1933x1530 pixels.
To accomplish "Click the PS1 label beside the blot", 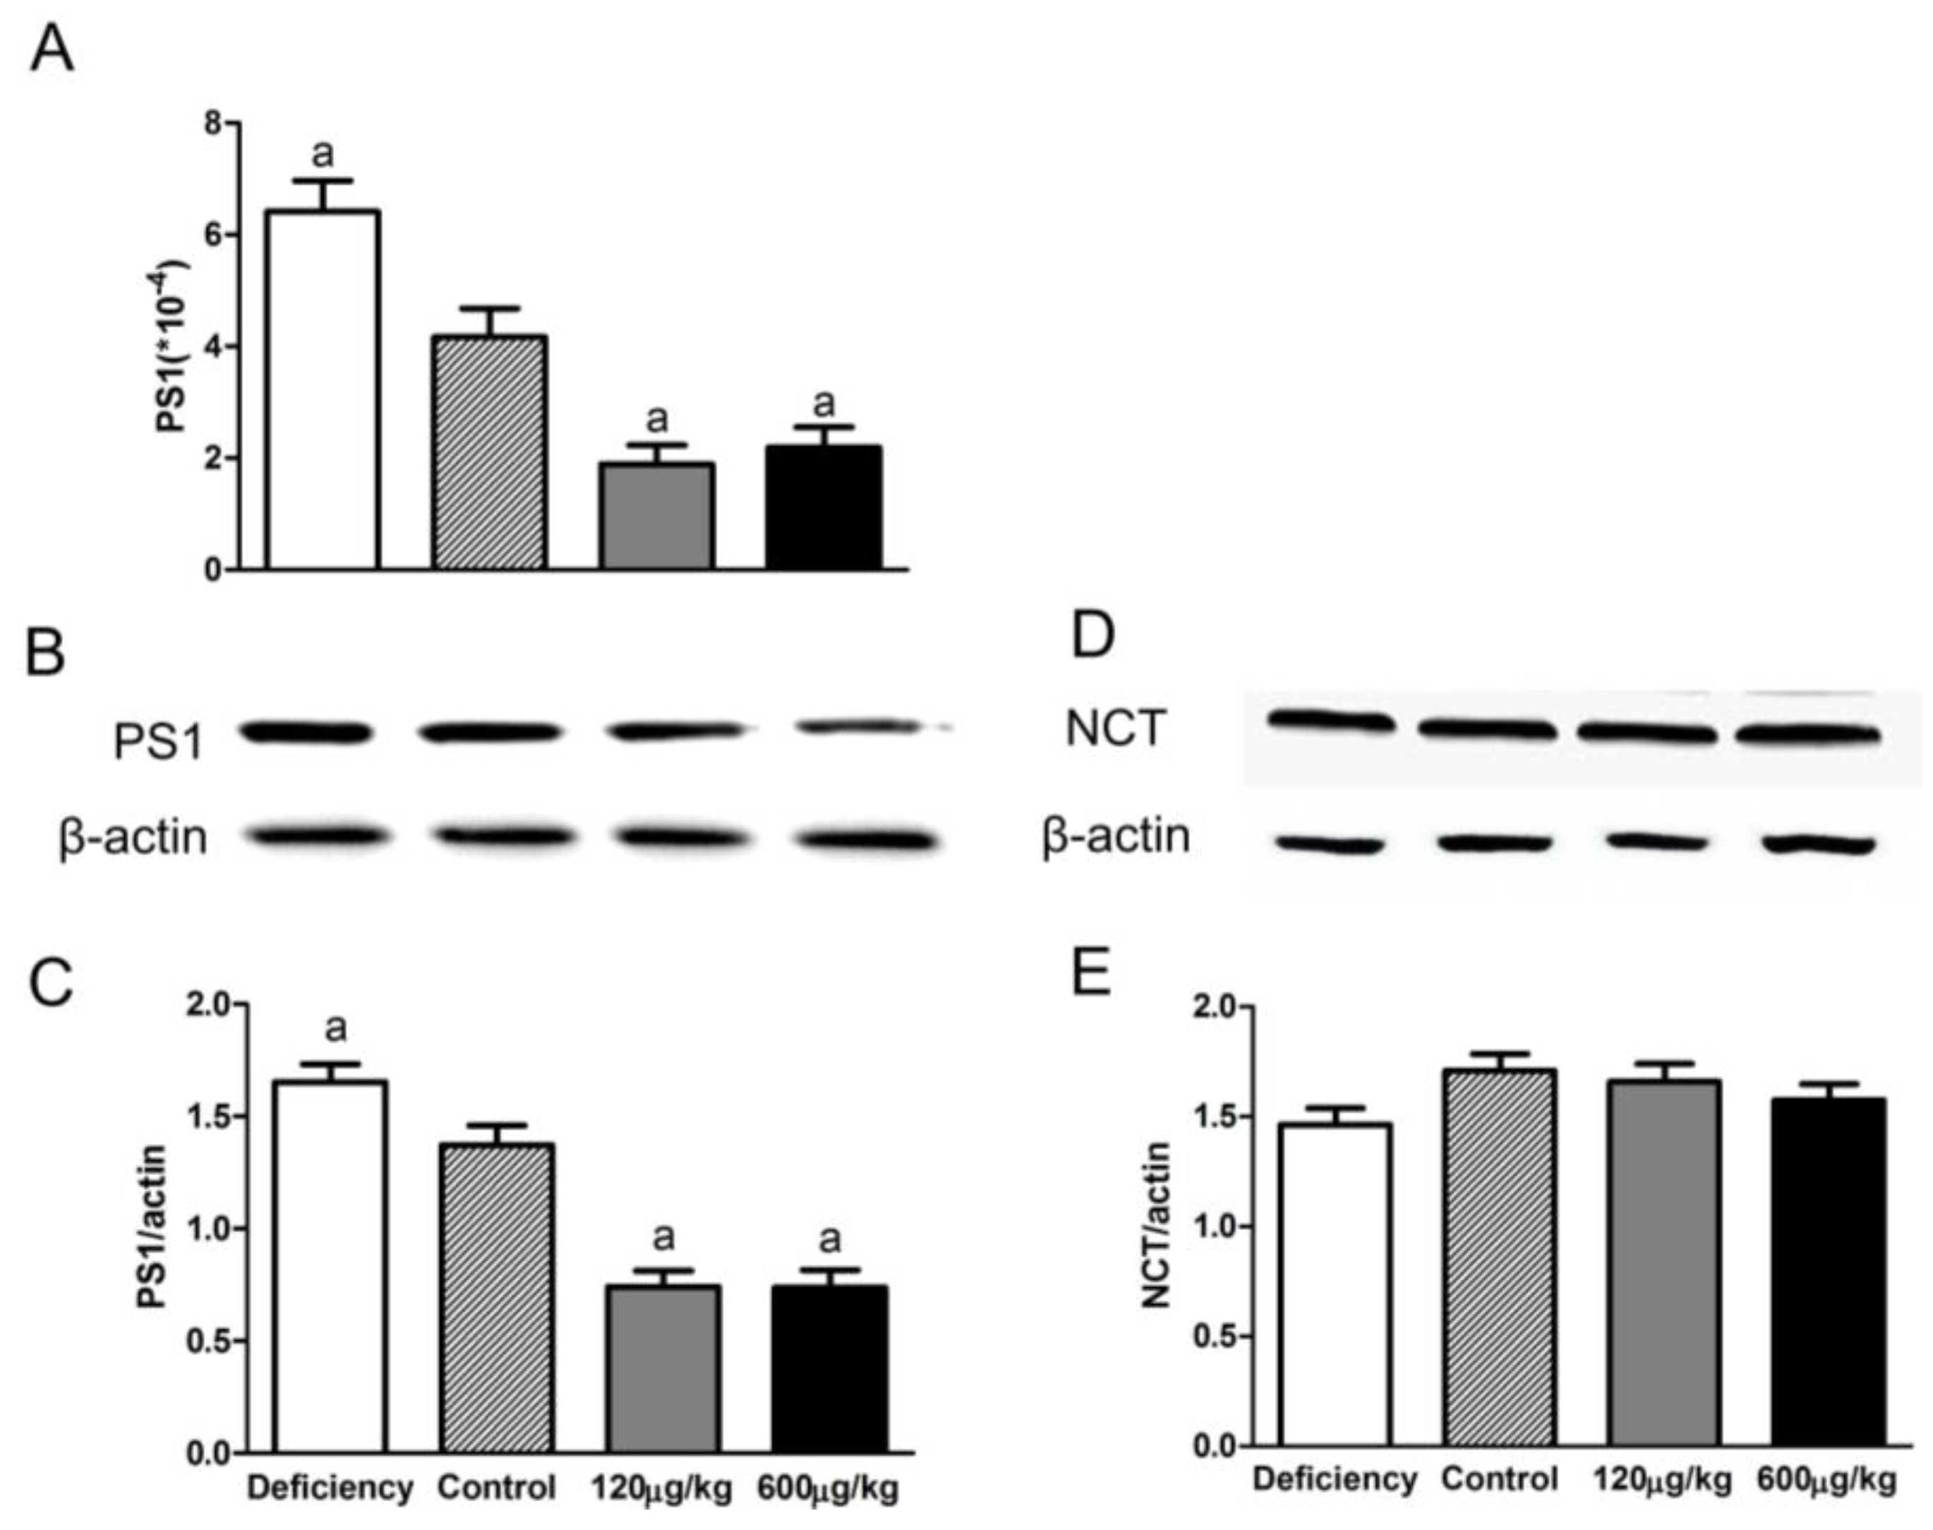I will [x=159, y=742].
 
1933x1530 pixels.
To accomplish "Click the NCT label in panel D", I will [x=1115, y=728].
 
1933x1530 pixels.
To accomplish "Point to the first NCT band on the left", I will [x=1330, y=721].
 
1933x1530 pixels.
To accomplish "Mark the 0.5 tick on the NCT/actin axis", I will [x=1214, y=1337].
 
